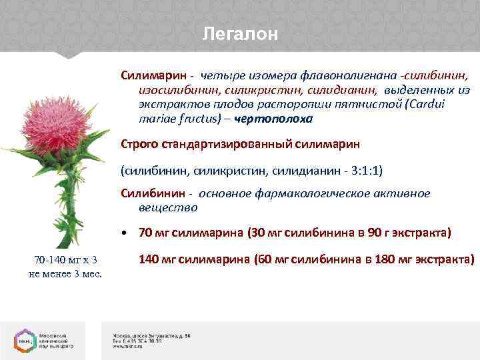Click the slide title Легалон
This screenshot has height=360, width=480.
click(240, 34)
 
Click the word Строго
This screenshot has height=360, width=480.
click(137, 144)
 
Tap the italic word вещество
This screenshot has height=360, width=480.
click(168, 207)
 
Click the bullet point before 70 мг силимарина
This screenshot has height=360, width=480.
click(125, 233)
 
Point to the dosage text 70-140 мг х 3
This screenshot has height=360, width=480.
click(65, 260)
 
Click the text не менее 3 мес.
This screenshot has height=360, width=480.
click(65, 273)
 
